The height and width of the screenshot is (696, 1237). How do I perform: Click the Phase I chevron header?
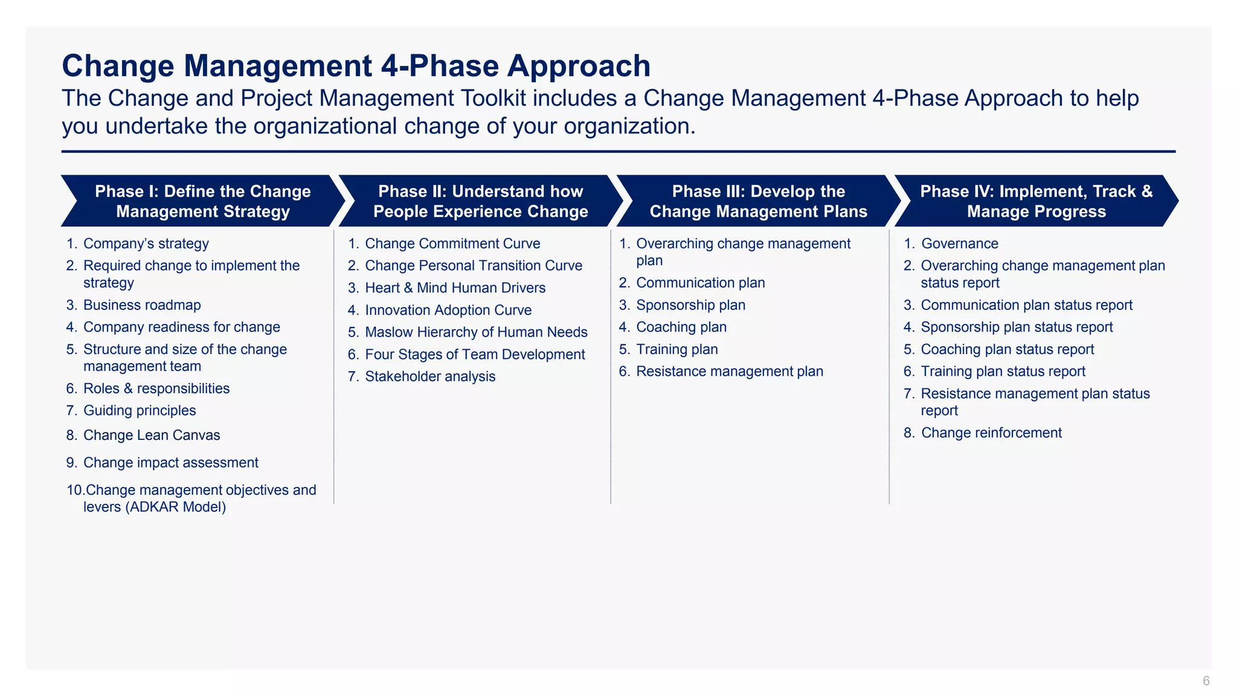(x=203, y=201)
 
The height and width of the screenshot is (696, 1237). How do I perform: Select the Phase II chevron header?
(x=480, y=201)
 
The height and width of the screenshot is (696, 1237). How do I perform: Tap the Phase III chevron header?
(x=758, y=201)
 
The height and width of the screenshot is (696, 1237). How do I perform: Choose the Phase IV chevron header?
(x=1036, y=201)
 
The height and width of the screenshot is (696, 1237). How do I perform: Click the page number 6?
(x=1206, y=681)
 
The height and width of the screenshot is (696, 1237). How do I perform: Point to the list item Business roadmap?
(x=142, y=305)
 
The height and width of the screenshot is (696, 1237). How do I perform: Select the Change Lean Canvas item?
(x=152, y=435)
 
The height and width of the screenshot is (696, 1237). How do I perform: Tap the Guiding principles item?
(x=140, y=410)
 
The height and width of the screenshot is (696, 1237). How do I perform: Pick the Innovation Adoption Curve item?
(x=448, y=310)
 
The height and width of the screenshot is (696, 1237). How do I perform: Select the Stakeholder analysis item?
(x=430, y=376)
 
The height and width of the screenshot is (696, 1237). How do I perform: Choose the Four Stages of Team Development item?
(x=475, y=355)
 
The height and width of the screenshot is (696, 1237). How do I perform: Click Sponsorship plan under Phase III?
(x=690, y=305)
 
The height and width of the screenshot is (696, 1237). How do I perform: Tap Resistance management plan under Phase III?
(x=730, y=372)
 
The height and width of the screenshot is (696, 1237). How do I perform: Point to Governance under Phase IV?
(x=959, y=243)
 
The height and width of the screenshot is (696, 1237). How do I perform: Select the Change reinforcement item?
(x=991, y=433)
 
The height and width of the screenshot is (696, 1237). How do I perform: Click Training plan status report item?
(x=1003, y=372)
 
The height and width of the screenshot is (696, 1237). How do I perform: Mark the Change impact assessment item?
(x=171, y=463)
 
